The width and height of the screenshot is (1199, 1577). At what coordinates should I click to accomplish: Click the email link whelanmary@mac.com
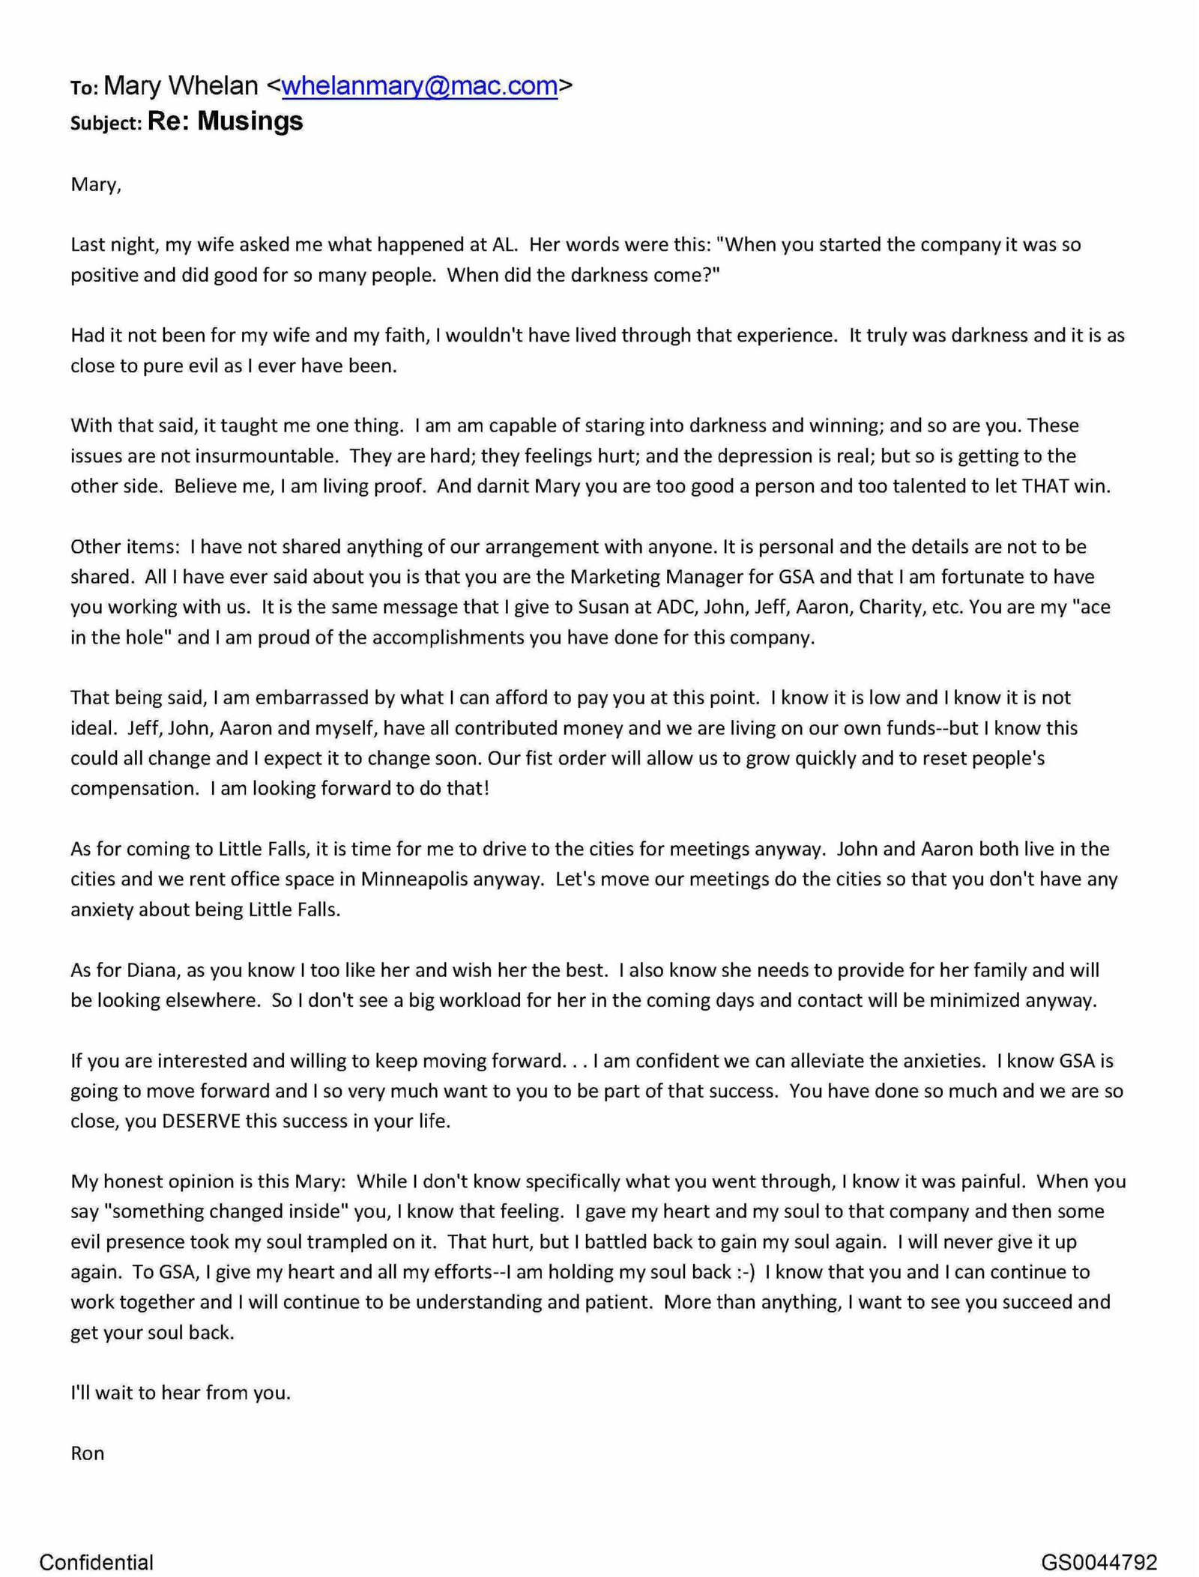point(419,87)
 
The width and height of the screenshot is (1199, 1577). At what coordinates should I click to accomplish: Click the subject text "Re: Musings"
point(225,121)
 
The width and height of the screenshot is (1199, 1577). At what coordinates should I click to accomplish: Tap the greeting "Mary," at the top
point(95,184)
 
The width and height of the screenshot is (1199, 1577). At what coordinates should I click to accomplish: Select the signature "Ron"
point(87,1453)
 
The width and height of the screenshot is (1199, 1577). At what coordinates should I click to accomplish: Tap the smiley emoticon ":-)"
point(745,1272)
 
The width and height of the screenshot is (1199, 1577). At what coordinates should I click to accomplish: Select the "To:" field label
point(84,88)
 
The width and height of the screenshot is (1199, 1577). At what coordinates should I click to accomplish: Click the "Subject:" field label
point(106,123)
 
